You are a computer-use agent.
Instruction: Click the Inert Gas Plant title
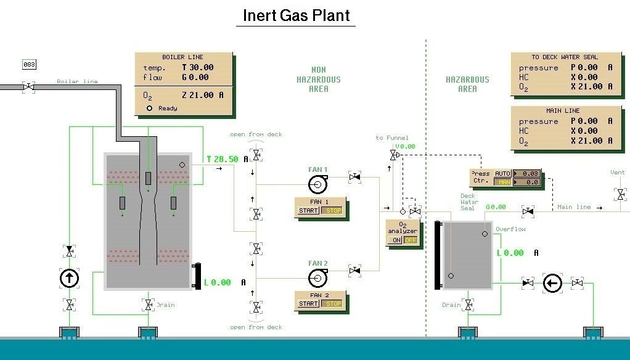point(295,15)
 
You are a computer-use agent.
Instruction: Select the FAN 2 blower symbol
point(317,277)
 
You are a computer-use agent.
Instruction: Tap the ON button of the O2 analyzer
point(395,240)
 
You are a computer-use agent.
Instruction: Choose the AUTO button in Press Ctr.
point(503,174)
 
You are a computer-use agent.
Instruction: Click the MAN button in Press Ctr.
point(503,182)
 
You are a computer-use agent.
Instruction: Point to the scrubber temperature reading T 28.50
point(223,159)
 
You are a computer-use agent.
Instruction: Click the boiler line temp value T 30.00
point(198,68)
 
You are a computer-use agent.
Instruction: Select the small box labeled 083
point(29,64)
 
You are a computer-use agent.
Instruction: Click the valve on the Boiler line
point(28,88)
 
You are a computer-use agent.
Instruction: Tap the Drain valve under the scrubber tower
point(149,305)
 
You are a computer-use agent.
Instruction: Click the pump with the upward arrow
point(69,278)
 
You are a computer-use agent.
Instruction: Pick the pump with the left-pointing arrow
point(552,283)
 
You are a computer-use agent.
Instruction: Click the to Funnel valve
point(393,155)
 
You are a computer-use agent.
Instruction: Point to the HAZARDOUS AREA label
point(467,84)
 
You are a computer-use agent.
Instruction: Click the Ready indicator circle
point(149,108)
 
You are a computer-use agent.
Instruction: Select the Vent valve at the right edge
point(620,195)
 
